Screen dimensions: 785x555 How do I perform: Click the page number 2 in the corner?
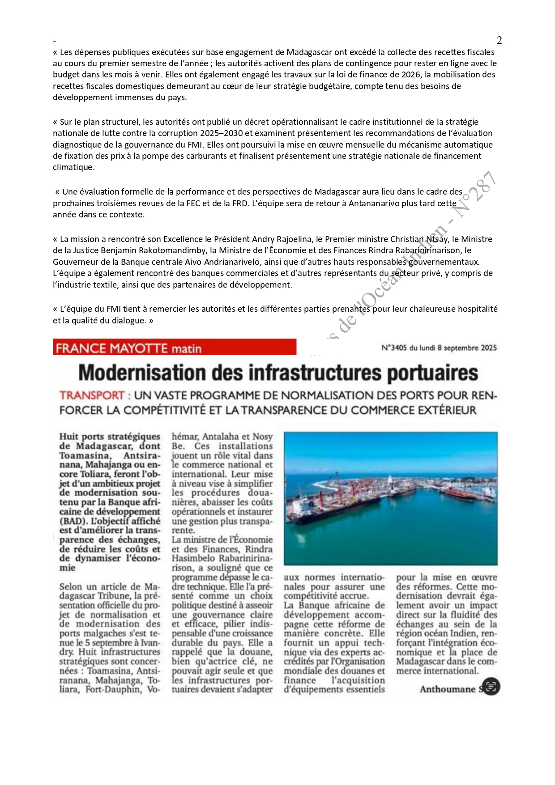click(499, 40)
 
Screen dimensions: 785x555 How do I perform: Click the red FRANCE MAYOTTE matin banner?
click(174, 348)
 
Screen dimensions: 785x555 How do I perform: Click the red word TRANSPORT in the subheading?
click(92, 395)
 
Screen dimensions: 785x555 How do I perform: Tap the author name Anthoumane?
click(447, 689)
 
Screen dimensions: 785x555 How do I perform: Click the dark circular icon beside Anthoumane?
click(491, 687)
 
